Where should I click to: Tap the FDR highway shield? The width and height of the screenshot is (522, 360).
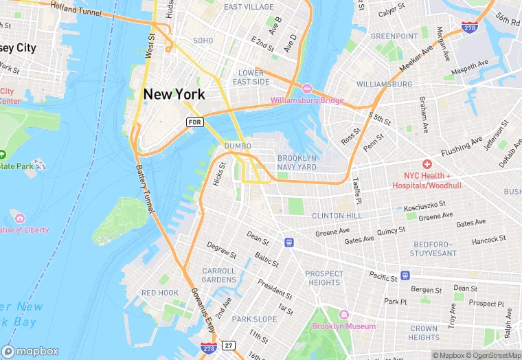pos(195,122)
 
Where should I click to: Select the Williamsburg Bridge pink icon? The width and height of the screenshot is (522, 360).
pos(307,89)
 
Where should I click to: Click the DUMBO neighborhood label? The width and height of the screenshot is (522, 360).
pos(237,146)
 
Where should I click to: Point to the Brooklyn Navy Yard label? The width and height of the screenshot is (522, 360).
pos(297,162)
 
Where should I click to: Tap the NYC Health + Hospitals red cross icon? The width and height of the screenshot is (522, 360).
pos(427,164)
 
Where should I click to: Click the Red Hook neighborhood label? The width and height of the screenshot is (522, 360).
pos(159,293)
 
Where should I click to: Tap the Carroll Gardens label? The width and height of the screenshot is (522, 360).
pos(218,275)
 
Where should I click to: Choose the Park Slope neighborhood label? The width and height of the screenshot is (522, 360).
pos(254,319)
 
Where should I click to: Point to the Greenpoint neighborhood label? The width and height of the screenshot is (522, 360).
pos(394,36)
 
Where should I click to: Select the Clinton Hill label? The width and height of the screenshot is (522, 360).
pos(336,215)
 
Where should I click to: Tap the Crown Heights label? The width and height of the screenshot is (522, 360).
pos(424,333)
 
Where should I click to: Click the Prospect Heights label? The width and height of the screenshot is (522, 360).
pos(324,278)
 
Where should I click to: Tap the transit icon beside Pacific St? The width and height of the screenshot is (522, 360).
pos(405,276)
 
